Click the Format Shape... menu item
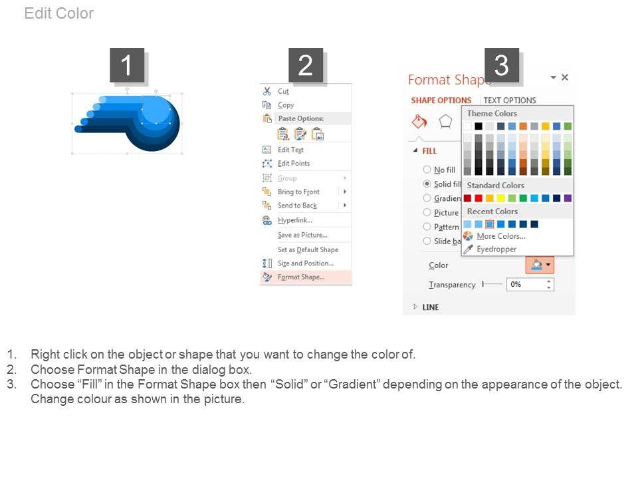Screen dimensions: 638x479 coord(300,277)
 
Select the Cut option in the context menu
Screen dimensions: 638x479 coord(283,91)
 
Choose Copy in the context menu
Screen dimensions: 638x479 coord(286,105)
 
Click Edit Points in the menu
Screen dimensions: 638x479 coord(293,164)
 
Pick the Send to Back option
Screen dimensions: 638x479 coord(297,206)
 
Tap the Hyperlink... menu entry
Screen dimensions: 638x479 coord(294,220)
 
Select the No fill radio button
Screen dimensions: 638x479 coord(427,170)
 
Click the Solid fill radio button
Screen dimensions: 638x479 coord(427,184)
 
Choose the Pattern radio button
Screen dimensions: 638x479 coord(427,226)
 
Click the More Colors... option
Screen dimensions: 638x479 coord(501,236)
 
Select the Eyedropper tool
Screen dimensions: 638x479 coord(496,249)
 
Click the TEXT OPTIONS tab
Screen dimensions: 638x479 coord(510,100)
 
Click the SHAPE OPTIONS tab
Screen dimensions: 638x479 coord(441,100)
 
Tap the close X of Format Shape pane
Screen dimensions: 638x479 coord(565,77)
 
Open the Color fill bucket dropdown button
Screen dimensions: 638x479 coord(540,265)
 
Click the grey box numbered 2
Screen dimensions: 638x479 coord(306,65)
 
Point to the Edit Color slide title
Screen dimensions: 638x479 coord(59,13)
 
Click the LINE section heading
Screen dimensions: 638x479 coord(431,307)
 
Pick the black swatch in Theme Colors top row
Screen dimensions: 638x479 coord(478,126)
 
